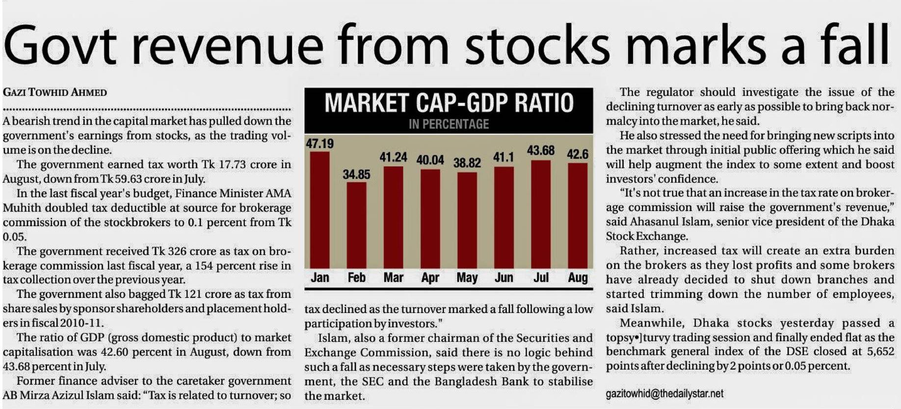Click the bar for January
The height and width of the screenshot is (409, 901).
(319, 210)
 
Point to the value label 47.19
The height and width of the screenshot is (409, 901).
(319, 144)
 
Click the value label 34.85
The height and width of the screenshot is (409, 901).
(356, 175)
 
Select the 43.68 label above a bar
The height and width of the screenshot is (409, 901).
(540, 150)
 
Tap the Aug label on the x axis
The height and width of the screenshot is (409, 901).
(578, 278)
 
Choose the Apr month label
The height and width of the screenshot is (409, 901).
(430, 278)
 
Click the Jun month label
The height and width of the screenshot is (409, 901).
(503, 278)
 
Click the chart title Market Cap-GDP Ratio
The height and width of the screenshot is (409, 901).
(449, 103)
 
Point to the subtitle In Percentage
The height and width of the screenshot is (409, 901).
(449, 124)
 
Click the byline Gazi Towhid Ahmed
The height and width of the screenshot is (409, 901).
(55, 92)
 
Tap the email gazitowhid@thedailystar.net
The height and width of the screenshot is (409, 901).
(664, 393)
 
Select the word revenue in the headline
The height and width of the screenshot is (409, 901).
(228, 45)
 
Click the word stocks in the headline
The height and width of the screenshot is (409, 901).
(537, 45)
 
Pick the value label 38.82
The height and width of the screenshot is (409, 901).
(467, 163)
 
